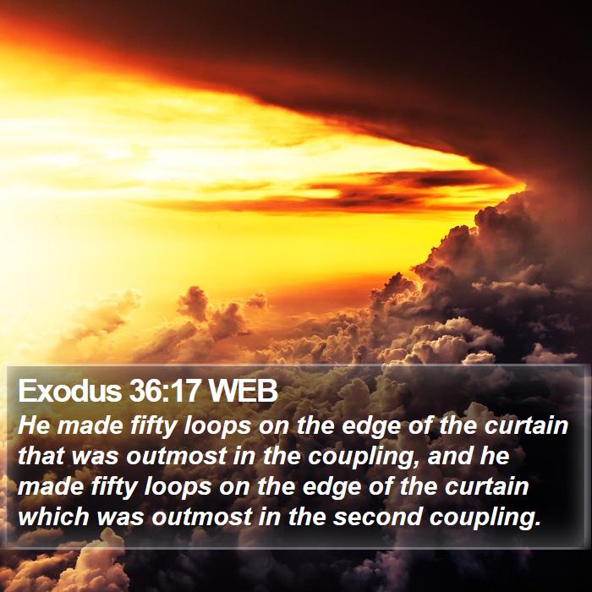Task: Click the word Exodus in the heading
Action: tap(70, 391)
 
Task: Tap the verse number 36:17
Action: tap(164, 391)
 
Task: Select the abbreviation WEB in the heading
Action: tap(244, 391)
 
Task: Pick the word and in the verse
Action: tap(449, 456)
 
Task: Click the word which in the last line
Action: tap(53, 517)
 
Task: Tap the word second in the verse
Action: tap(377, 517)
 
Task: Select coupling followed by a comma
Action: tap(364, 458)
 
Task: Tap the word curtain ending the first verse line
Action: tap(526, 425)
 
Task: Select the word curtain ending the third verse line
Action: tap(487, 486)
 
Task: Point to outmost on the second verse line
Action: tap(176, 456)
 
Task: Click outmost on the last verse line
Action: tap(202, 517)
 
